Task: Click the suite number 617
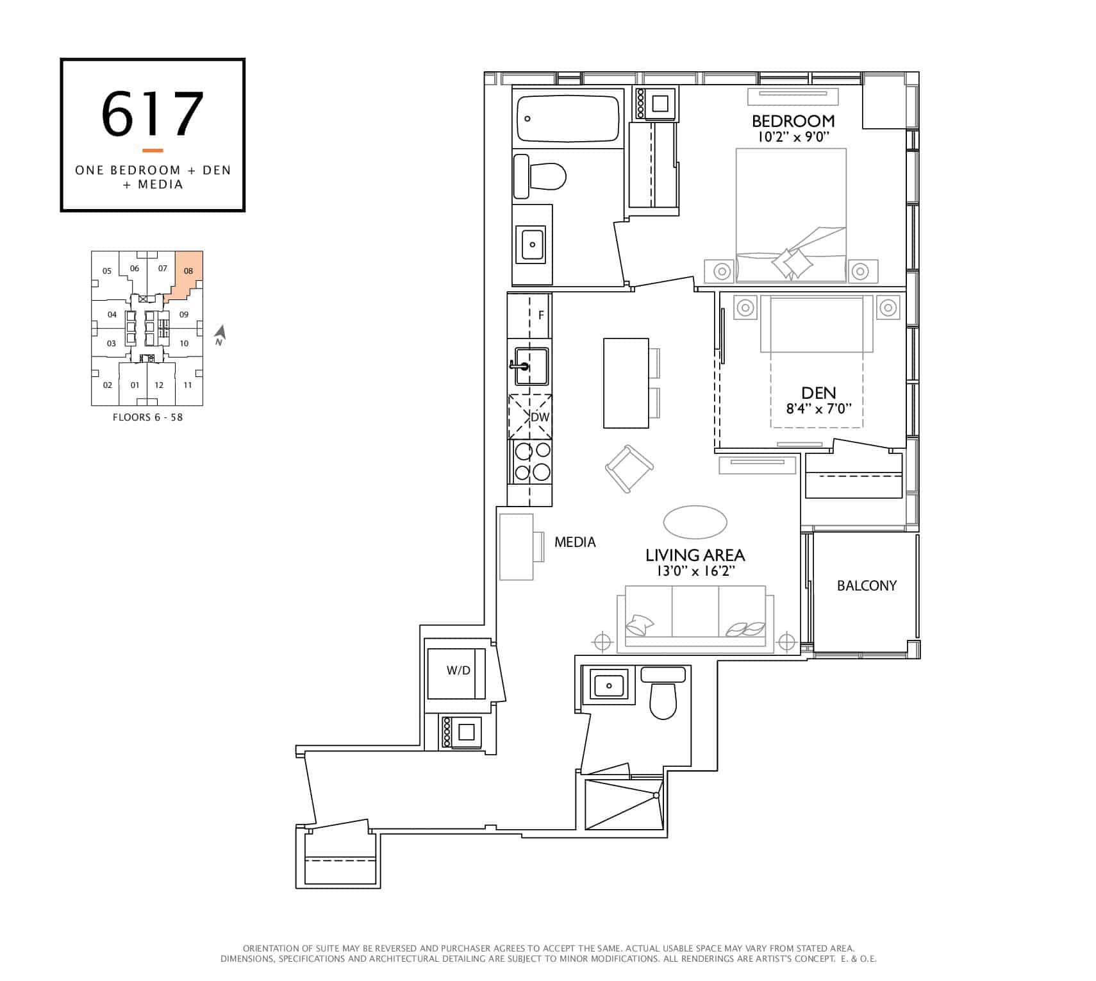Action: [x=153, y=114]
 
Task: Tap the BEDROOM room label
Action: [x=793, y=121]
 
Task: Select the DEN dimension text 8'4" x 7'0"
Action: [x=818, y=408]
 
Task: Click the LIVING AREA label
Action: [x=695, y=555]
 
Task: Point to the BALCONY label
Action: [x=867, y=585]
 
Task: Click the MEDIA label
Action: [x=575, y=542]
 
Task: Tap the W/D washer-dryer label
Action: [x=458, y=671]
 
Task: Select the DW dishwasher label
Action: [x=540, y=417]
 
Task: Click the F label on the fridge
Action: [x=541, y=315]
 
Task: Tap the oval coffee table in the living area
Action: [x=695, y=522]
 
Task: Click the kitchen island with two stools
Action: [x=626, y=383]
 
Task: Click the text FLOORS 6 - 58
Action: [x=147, y=417]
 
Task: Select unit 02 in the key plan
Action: [x=108, y=385]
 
